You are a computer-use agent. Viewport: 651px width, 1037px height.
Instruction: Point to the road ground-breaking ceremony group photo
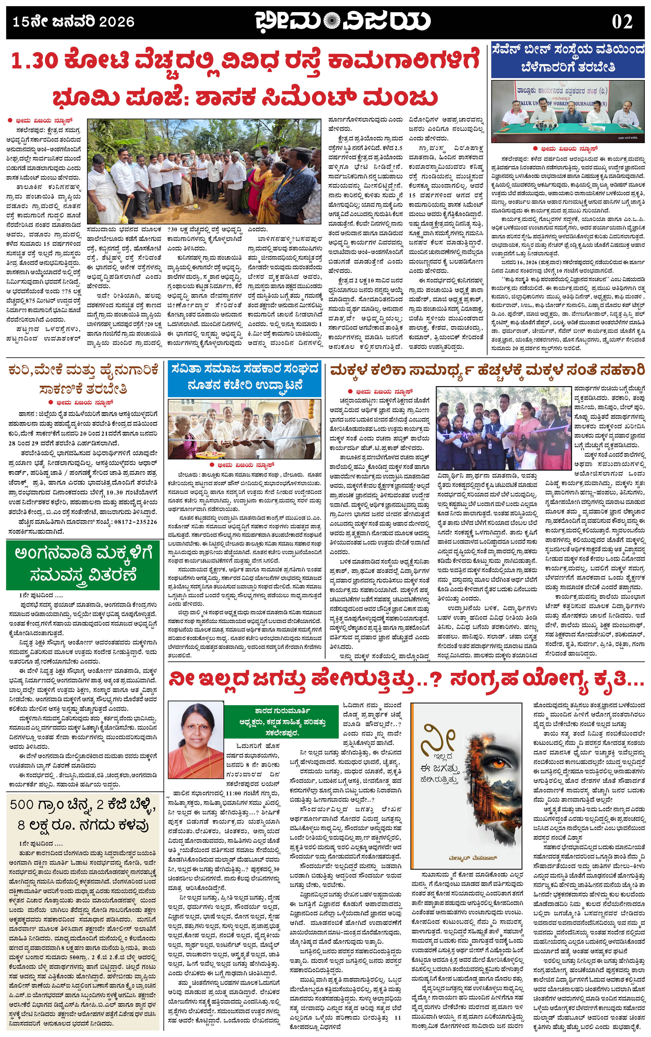(204, 171)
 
